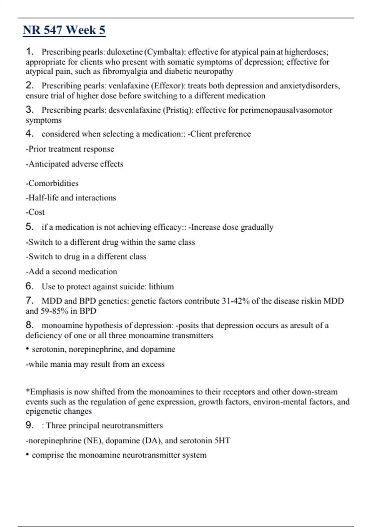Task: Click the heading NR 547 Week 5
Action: point(64,30)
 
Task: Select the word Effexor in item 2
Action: point(170,86)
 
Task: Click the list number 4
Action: point(29,134)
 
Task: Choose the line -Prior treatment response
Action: point(70,149)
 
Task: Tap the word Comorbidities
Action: point(53,183)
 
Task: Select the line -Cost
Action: point(35,212)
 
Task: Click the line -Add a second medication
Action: point(71,272)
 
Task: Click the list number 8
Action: point(29,325)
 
